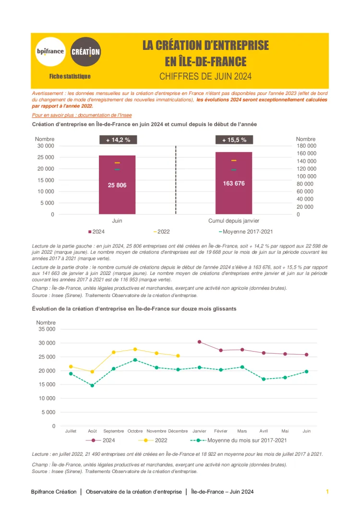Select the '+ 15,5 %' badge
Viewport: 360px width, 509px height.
(x=234, y=140)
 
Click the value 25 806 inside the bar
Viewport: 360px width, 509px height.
(x=117, y=185)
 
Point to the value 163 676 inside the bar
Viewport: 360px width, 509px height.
(x=234, y=183)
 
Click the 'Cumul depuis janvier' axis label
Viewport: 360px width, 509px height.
(x=234, y=221)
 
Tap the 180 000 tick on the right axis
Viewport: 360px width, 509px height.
(x=306, y=146)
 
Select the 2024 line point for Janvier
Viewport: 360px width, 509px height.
(x=200, y=342)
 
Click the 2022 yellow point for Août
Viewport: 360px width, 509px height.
(x=92, y=372)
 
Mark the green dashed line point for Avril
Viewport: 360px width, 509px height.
(x=264, y=379)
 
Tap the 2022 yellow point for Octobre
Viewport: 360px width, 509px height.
(x=135, y=349)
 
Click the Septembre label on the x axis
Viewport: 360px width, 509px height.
(x=114, y=431)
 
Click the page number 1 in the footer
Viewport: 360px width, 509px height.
(x=327, y=492)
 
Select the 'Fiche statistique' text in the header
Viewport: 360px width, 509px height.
(x=70, y=76)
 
